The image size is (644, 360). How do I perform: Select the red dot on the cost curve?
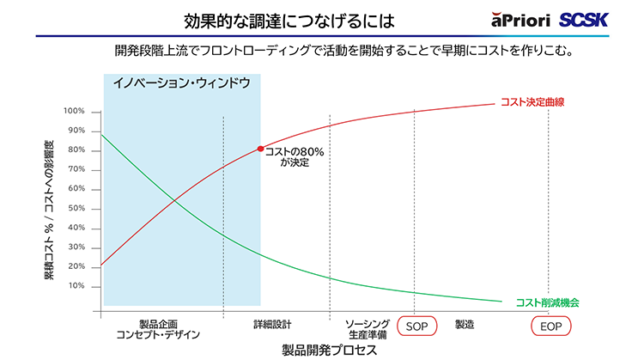261,149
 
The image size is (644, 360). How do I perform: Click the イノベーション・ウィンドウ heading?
182,83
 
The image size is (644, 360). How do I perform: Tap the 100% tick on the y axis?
74,112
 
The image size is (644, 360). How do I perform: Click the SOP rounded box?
417,326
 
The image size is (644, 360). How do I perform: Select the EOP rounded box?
547,326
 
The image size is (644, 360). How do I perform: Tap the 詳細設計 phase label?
272,324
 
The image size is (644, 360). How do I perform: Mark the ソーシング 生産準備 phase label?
368,328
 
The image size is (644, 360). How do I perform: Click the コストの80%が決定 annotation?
291,156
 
